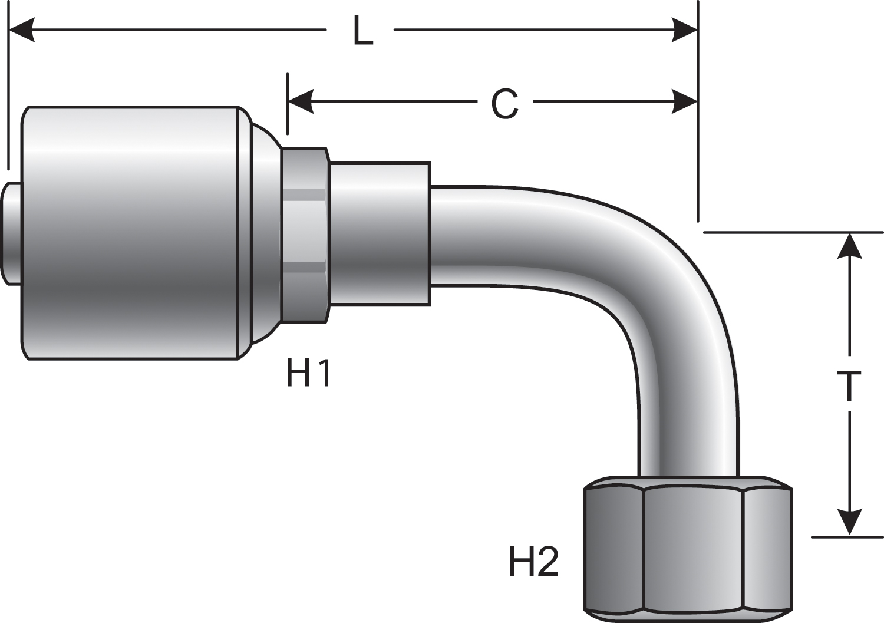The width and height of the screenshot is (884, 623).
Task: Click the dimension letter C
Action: [x=505, y=104]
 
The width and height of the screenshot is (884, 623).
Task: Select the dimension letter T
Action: [x=849, y=387]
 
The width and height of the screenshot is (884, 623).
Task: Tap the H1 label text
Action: [x=309, y=374]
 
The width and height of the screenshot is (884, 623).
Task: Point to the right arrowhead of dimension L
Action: [x=685, y=29]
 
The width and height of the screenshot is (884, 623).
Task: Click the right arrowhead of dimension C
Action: [x=685, y=102]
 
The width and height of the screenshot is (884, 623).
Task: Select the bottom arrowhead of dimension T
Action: [x=849, y=522]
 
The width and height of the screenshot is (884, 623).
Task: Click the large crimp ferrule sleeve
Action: [x=130, y=233]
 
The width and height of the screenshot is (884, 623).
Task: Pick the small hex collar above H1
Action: [x=305, y=235]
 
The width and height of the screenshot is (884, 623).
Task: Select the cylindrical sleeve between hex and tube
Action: [x=380, y=234]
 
